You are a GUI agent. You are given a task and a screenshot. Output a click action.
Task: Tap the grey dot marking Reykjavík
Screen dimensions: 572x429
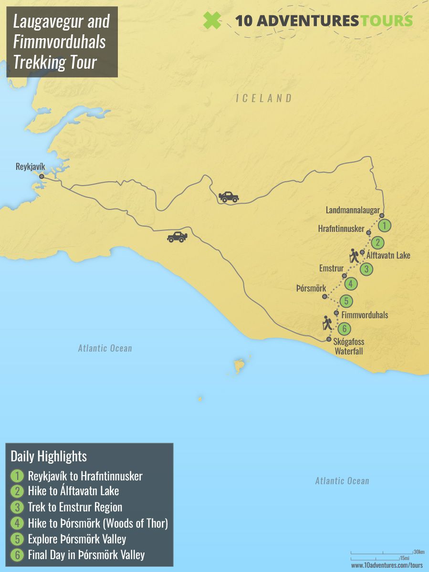(x=42, y=177)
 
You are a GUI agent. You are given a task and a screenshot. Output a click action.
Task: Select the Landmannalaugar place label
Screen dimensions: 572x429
(x=352, y=209)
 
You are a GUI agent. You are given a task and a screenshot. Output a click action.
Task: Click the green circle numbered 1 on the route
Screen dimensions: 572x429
(x=385, y=225)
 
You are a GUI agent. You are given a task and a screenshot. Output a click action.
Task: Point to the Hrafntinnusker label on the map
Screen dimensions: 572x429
(x=341, y=229)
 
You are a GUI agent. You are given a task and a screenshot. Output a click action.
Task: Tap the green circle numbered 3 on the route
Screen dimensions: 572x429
(x=366, y=269)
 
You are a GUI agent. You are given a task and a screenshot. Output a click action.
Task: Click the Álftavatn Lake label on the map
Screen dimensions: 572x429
(x=388, y=256)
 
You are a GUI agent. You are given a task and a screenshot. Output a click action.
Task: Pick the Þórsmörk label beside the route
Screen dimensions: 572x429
(x=311, y=288)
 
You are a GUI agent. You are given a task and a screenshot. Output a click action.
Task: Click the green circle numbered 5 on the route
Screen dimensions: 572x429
(x=346, y=301)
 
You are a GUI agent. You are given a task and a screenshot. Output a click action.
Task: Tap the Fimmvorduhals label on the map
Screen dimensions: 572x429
(x=365, y=315)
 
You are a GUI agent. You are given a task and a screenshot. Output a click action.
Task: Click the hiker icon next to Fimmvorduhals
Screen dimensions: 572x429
(x=327, y=323)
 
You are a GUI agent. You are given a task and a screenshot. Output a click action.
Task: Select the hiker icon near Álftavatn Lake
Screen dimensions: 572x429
(x=354, y=256)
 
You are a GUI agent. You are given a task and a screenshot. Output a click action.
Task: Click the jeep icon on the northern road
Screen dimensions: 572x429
(x=228, y=197)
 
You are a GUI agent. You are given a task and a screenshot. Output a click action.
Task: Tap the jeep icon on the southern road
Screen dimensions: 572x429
(x=177, y=237)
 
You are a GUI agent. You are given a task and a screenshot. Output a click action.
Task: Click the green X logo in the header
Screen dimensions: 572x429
(x=212, y=21)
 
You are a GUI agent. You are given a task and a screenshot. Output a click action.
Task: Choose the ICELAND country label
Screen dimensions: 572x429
(x=264, y=98)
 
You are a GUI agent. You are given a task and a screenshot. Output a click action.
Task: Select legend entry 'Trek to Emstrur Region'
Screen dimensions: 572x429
(x=75, y=507)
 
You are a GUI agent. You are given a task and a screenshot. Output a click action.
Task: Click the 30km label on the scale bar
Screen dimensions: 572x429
(x=419, y=552)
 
